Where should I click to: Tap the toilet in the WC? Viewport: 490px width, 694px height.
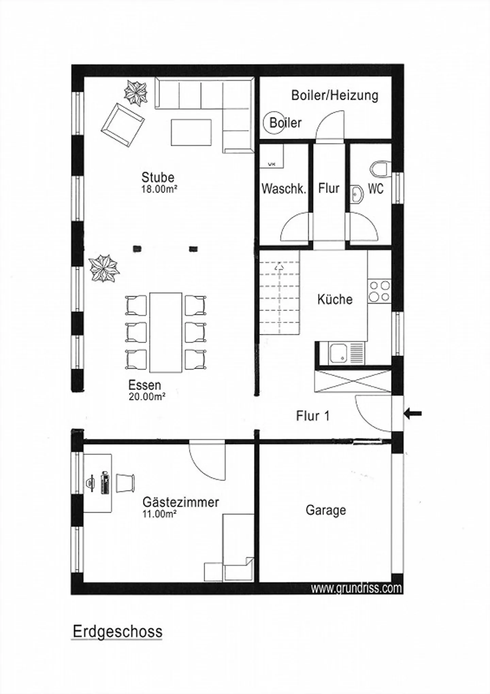click(x=380, y=169)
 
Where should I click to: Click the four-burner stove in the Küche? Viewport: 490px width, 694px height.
click(x=379, y=291)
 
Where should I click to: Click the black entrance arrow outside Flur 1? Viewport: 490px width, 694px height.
click(x=413, y=414)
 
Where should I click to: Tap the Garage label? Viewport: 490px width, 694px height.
click(x=326, y=510)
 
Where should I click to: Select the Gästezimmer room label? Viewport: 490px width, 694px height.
click(x=180, y=502)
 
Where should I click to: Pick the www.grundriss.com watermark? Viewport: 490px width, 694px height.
click(x=356, y=588)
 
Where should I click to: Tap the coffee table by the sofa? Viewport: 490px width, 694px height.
click(x=191, y=132)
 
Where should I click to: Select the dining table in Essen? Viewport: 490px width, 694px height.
click(x=166, y=332)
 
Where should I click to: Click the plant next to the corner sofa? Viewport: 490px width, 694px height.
click(x=135, y=93)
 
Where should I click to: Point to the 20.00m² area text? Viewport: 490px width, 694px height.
click(x=147, y=396)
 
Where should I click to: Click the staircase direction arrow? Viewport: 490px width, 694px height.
click(x=279, y=267)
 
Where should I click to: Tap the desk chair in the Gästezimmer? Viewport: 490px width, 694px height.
click(x=125, y=483)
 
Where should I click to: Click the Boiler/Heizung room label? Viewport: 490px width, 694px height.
click(x=334, y=95)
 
